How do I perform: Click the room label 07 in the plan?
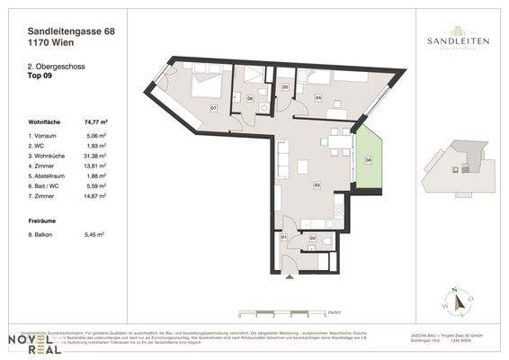click(x=213, y=108)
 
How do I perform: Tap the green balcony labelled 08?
click(x=368, y=160)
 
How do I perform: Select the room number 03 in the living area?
click(x=317, y=184)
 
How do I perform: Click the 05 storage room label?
click(x=284, y=87)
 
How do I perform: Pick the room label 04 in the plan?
click(x=318, y=94)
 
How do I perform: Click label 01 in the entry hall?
click(x=284, y=237)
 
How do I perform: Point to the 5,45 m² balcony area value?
click(x=94, y=234)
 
